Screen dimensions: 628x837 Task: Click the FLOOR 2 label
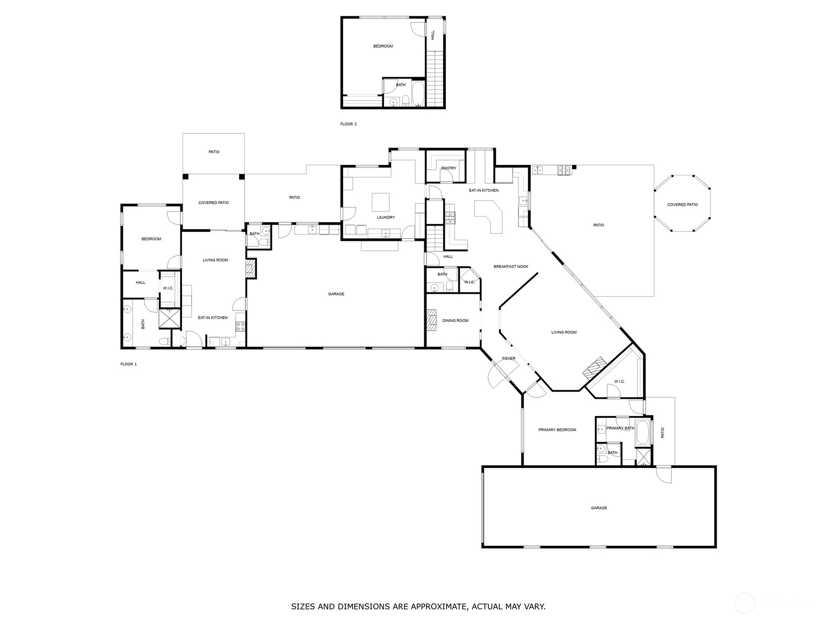click(x=348, y=124)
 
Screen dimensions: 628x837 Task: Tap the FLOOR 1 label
click(x=128, y=364)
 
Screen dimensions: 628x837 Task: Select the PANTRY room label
click(x=448, y=168)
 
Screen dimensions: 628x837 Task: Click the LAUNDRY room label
click(x=386, y=217)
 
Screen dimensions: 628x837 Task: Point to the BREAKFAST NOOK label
click(x=511, y=266)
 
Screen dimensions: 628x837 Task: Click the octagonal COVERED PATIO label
click(x=682, y=205)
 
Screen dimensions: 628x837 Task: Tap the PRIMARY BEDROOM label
click(x=557, y=430)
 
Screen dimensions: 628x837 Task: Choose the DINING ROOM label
click(x=455, y=320)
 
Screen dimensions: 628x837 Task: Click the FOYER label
click(x=508, y=358)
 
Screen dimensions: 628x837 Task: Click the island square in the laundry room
click(x=381, y=201)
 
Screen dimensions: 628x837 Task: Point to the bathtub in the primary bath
click(x=642, y=433)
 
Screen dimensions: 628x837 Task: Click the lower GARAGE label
click(x=599, y=508)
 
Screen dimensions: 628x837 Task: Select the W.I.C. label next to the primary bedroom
click(x=619, y=381)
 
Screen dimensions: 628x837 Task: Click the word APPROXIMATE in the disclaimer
click(x=438, y=607)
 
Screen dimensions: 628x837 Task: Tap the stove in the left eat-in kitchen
click(x=241, y=327)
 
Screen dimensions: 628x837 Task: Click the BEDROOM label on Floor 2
click(x=383, y=46)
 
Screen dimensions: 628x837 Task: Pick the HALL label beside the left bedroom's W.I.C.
click(x=140, y=283)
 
